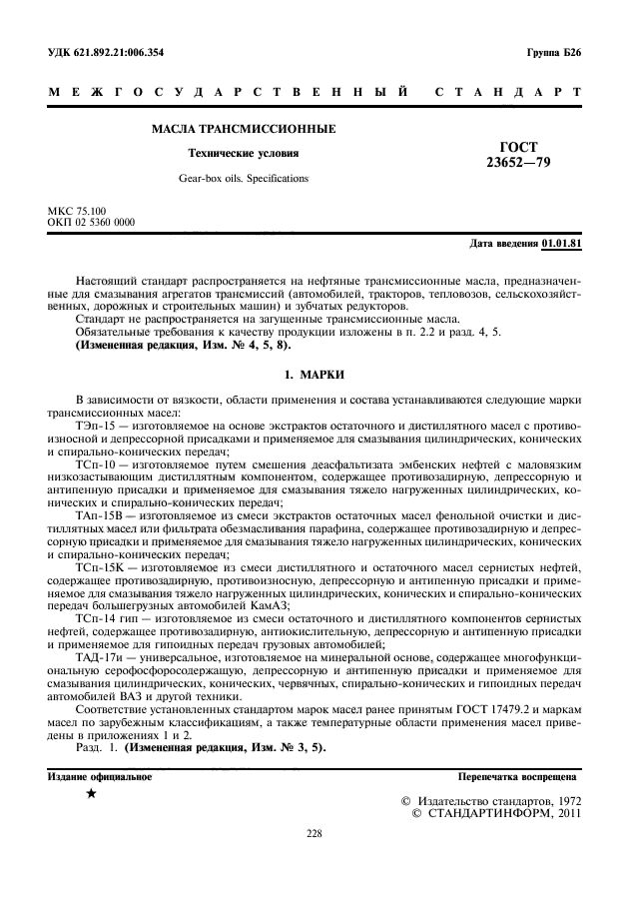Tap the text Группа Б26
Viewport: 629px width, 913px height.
(x=554, y=53)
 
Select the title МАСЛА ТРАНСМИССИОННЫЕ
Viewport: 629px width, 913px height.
(x=243, y=130)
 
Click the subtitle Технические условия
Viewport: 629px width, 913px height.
(x=244, y=154)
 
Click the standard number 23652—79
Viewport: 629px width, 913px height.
(x=516, y=162)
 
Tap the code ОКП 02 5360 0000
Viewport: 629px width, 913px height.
(x=92, y=223)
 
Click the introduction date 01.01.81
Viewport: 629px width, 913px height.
(x=562, y=244)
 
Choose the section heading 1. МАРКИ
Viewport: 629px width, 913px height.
(x=314, y=374)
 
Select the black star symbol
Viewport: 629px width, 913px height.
(x=91, y=794)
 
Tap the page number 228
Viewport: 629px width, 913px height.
(x=314, y=831)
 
